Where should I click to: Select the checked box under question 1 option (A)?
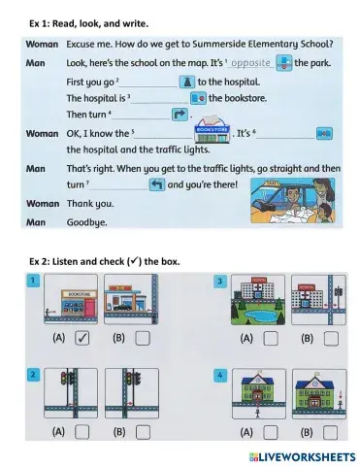tap(82, 339)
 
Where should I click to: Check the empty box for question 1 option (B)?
tap(143, 339)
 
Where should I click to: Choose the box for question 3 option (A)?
tap(270, 339)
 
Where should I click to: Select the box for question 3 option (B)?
tap(332, 339)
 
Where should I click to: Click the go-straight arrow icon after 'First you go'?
tap(187, 82)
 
